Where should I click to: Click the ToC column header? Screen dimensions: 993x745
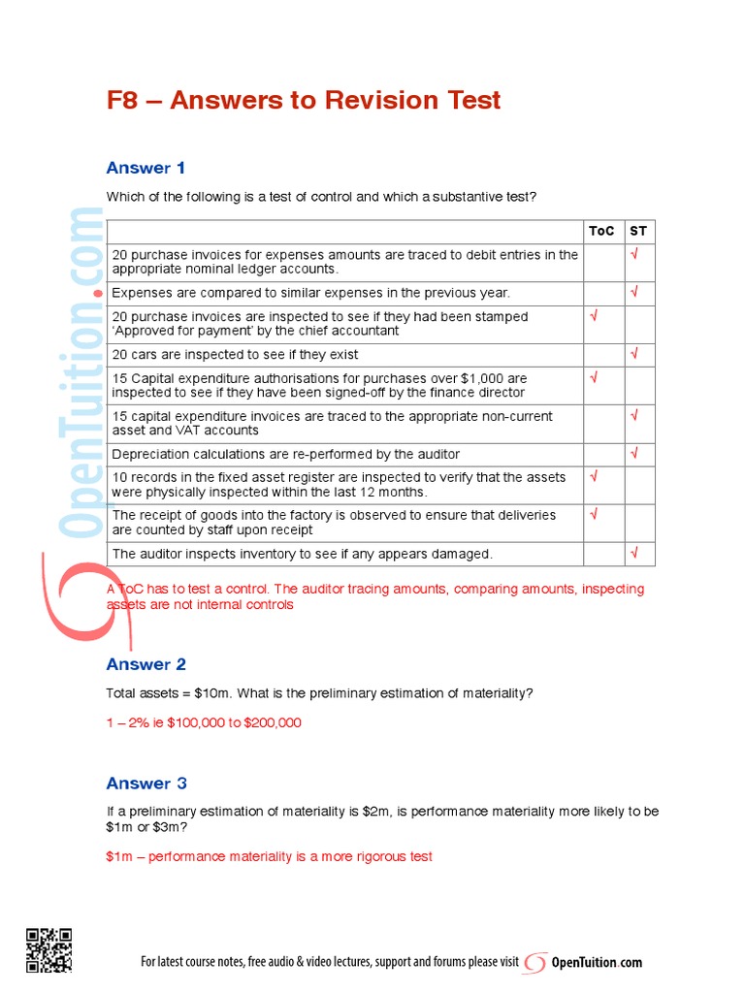[601, 231]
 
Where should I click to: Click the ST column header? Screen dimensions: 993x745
[637, 231]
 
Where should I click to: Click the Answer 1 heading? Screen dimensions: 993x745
[146, 168]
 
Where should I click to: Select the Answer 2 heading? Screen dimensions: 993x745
[146, 664]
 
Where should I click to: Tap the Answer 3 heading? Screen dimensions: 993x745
[146, 784]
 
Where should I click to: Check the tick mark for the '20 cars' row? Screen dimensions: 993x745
[634, 354]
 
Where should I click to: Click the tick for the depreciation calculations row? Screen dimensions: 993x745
[634, 453]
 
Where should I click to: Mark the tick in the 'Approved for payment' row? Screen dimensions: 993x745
[594, 316]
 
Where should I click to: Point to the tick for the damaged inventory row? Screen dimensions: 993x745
[634, 553]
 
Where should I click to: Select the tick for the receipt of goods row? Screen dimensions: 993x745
[594, 514]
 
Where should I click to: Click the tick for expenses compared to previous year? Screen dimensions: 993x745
[634, 291]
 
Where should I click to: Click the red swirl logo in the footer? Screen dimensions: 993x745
[534, 963]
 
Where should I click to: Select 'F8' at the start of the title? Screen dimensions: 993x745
[122, 100]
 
